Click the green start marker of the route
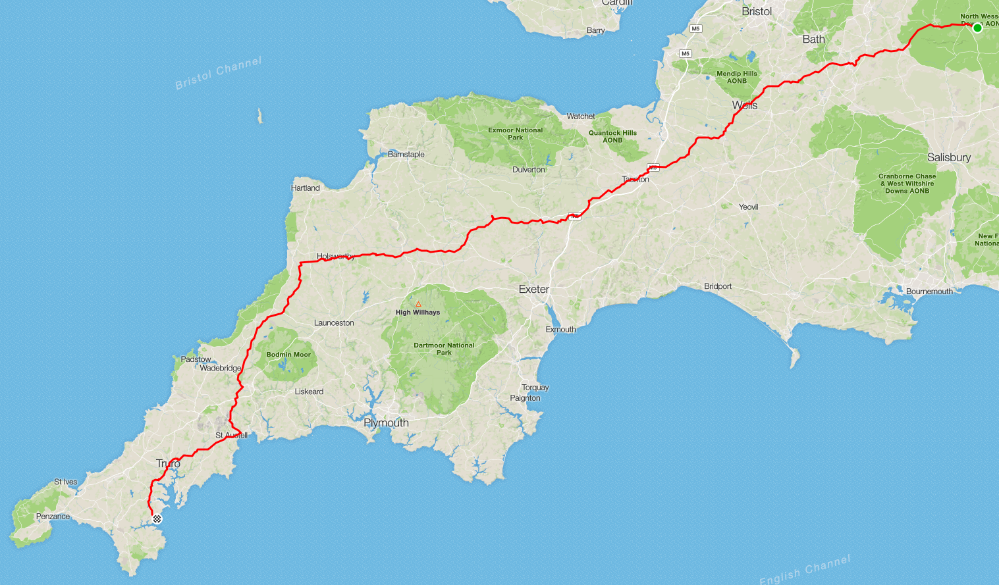(x=977, y=28)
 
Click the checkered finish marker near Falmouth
(x=157, y=519)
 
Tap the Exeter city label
(x=533, y=290)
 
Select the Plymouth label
(x=386, y=423)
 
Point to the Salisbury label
(x=948, y=157)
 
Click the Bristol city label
(x=757, y=11)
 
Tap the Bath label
(x=813, y=39)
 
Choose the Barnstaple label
(x=406, y=155)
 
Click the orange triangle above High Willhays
(x=418, y=304)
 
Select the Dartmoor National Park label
(x=444, y=349)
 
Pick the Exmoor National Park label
(x=515, y=134)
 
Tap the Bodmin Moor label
(x=288, y=355)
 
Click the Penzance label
(x=53, y=517)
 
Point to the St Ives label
(x=65, y=482)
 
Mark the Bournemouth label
(x=929, y=292)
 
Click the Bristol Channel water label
(x=218, y=73)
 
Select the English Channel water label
(x=804, y=570)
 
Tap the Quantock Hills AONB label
(x=612, y=136)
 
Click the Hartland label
(x=306, y=188)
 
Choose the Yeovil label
(x=748, y=207)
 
